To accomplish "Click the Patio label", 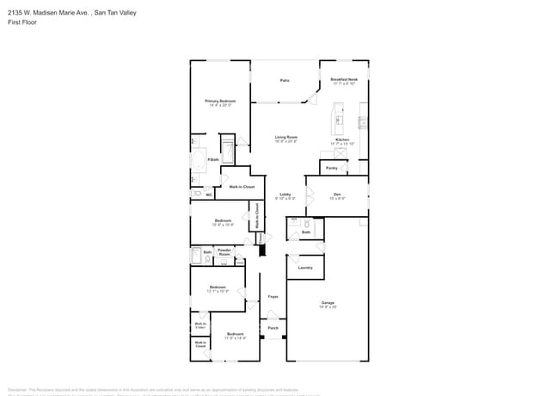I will point(285,81).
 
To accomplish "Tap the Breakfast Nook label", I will point(344,80).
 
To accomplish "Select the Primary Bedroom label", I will point(220,102).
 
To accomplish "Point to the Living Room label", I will point(286,138).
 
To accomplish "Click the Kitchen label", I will point(342,140).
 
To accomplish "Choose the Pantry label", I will point(332,168).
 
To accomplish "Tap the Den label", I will point(337,195).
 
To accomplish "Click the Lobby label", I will point(285,195).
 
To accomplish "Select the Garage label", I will point(328,303).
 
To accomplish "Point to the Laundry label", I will point(304,268).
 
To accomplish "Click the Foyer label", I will point(273,296).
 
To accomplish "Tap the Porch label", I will point(273,328).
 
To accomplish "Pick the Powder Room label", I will point(224,251).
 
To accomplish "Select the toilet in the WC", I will point(197,194).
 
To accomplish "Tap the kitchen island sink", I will point(339,120).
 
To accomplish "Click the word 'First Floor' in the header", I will point(22,22).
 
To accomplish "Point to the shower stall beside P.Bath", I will point(228,148).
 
